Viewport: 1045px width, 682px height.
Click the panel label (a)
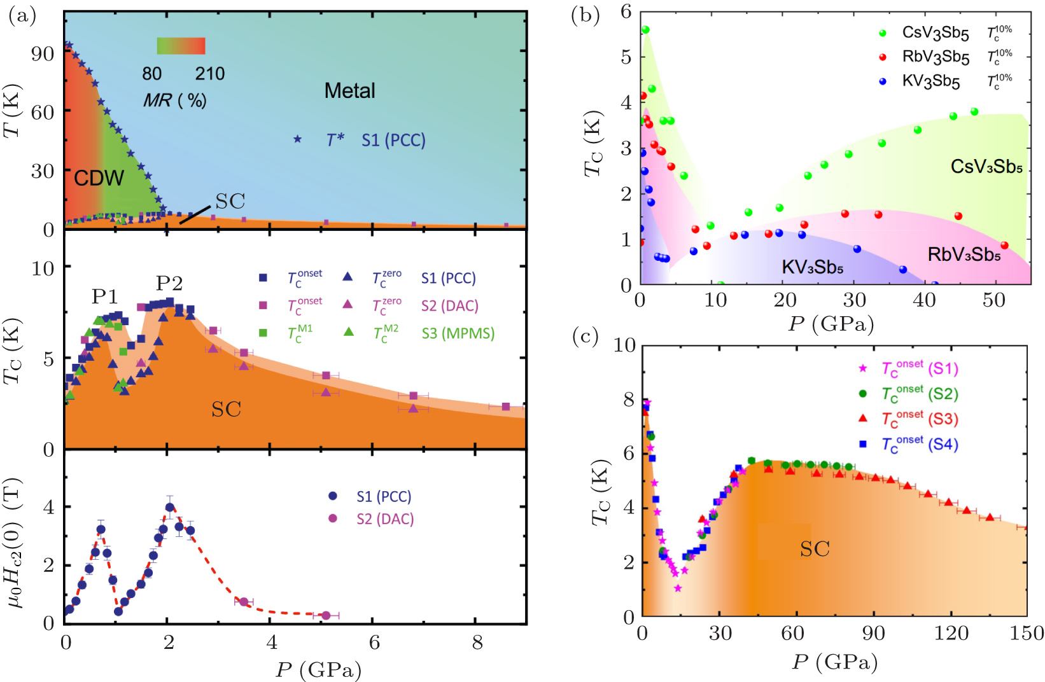click(x=22, y=16)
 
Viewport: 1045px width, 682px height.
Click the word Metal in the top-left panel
click(x=349, y=91)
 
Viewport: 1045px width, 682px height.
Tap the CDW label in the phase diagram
click(x=99, y=178)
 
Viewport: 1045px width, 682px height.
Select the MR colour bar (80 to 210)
click(x=181, y=46)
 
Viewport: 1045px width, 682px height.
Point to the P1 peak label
click(x=105, y=296)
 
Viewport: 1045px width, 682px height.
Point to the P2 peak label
click(x=169, y=283)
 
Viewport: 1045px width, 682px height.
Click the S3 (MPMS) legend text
click(x=458, y=333)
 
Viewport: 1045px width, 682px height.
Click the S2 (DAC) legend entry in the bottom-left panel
click(x=384, y=519)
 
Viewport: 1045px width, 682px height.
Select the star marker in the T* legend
click(x=297, y=139)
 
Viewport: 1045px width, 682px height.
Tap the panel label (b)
click(x=586, y=16)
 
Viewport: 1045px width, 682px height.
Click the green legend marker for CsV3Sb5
click(x=883, y=33)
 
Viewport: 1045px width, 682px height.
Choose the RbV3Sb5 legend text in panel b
click(x=936, y=57)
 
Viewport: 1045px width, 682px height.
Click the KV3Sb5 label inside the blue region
click(x=812, y=267)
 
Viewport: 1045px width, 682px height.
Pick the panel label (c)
click(x=586, y=337)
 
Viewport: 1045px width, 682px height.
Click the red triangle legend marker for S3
click(x=863, y=418)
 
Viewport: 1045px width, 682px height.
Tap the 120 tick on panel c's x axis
click(x=951, y=634)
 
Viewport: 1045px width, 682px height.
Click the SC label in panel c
click(x=815, y=549)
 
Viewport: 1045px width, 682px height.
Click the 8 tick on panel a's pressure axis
click(x=477, y=643)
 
